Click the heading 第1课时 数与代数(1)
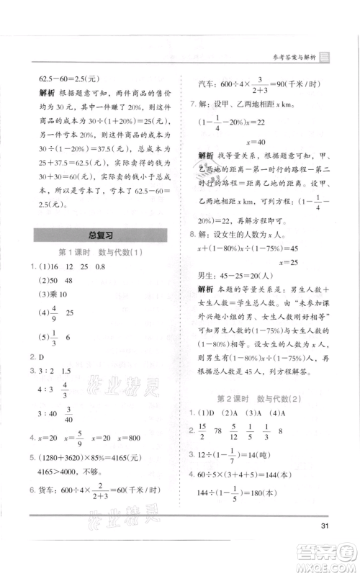click(x=98, y=252)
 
